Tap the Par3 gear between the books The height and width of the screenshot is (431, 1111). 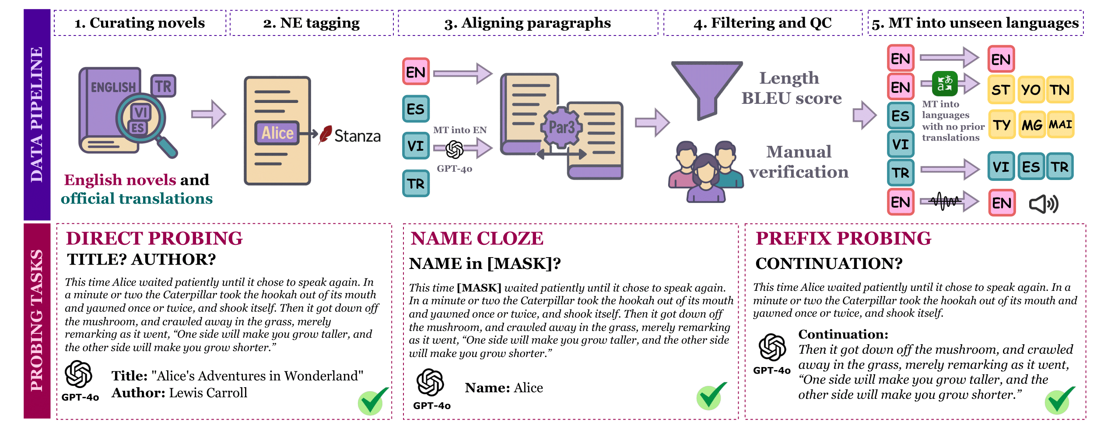click(561, 127)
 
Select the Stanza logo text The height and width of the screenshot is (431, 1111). click(357, 136)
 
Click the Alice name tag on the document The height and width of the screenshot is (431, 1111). click(277, 133)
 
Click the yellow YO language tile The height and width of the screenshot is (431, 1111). click(1030, 90)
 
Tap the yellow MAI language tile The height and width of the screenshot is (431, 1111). click(1060, 125)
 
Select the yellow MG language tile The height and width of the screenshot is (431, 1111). click(1032, 125)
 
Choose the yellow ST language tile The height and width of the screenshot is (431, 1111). click(1001, 90)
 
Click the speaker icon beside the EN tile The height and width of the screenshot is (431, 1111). click(1044, 204)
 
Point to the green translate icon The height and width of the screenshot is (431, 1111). click(944, 83)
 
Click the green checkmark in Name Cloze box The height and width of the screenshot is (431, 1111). click(711, 396)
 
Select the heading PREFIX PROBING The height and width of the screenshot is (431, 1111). click(843, 239)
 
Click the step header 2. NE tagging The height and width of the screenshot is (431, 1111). click(311, 23)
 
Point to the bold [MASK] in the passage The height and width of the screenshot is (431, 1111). click(479, 288)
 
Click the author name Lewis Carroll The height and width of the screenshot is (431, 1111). click(208, 393)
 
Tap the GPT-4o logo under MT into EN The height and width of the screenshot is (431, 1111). click(454, 150)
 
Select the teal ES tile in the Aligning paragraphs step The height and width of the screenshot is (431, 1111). click(416, 109)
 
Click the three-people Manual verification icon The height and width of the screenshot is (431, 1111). click(705, 172)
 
